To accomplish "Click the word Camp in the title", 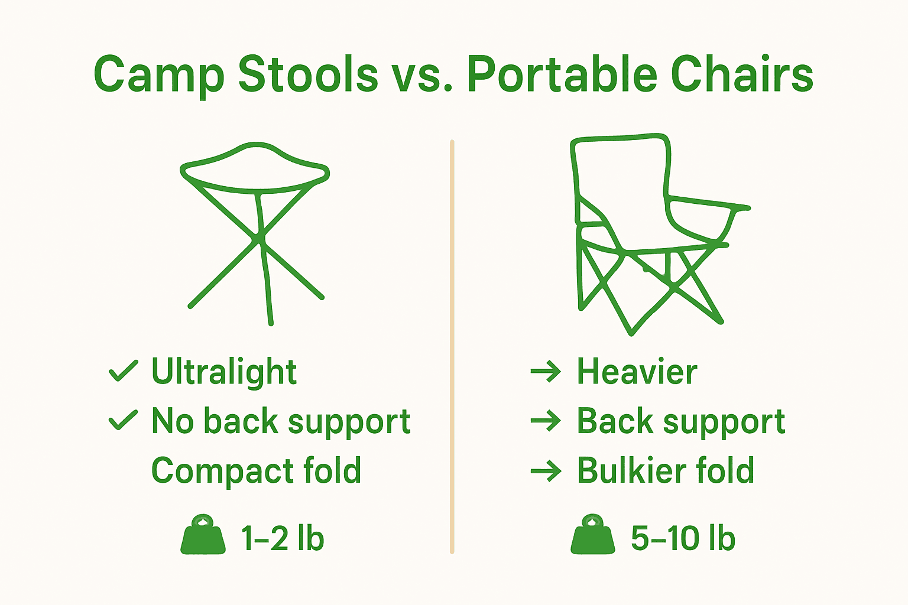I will pyautogui.click(x=158, y=75).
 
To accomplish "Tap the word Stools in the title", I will pyautogui.click(x=307, y=75).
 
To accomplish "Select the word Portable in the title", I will pyautogui.click(x=562, y=75).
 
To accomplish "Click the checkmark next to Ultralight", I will pyautogui.click(x=123, y=372).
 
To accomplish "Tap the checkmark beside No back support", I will pyautogui.click(x=123, y=421).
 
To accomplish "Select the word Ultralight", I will pyautogui.click(x=223, y=372).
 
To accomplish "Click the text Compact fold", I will pyautogui.click(x=256, y=471).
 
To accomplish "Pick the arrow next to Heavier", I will pyautogui.click(x=546, y=372).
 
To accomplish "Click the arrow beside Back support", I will pyautogui.click(x=546, y=421).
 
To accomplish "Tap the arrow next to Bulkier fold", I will pyautogui.click(x=546, y=471).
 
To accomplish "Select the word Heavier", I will pyautogui.click(x=637, y=372).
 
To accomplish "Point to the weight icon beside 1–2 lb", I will pyautogui.click(x=203, y=536).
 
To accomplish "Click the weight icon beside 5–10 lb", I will pyautogui.click(x=593, y=536).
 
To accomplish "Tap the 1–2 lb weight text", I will pyautogui.click(x=283, y=538).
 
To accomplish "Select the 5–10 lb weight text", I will pyautogui.click(x=683, y=538).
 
